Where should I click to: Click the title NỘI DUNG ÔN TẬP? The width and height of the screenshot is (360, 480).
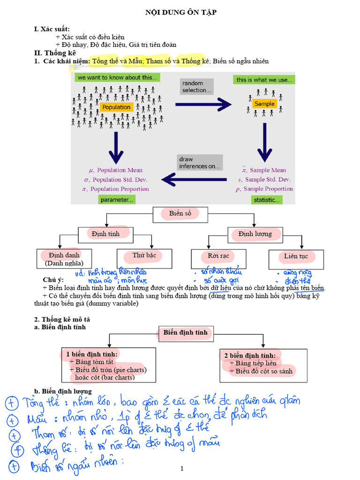point(180,13)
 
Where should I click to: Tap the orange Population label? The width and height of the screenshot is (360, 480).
point(116,107)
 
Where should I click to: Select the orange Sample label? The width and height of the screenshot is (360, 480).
point(264,104)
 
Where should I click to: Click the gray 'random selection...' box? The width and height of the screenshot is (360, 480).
point(196,87)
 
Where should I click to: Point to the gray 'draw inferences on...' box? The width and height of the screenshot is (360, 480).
point(200,163)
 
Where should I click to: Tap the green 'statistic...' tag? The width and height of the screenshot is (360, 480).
point(266,200)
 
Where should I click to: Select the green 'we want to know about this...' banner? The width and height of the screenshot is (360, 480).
point(117,77)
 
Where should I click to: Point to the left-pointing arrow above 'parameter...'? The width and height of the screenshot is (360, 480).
point(194,179)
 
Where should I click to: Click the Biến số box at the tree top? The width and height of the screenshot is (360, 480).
point(180,214)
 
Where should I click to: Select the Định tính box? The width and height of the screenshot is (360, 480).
point(105,234)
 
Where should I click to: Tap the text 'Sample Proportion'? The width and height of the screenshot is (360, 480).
point(268,189)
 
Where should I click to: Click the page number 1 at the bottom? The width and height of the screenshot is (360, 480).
point(182,468)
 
